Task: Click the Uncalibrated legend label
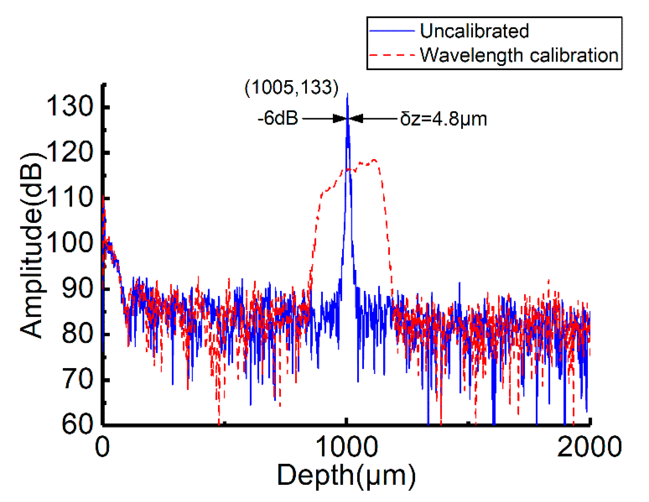474,31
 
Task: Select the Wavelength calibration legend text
519,55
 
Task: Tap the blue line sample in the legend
392,31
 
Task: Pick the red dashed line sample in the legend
392,55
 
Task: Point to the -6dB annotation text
278,118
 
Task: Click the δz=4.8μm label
443,119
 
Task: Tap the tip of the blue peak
347,94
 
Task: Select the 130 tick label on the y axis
69,106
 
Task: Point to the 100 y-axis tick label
69,243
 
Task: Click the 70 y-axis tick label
77,379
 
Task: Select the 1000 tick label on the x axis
346,447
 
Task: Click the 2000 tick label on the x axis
589,447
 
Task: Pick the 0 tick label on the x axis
102,447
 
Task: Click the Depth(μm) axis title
346,476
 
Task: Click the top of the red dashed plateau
374,160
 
